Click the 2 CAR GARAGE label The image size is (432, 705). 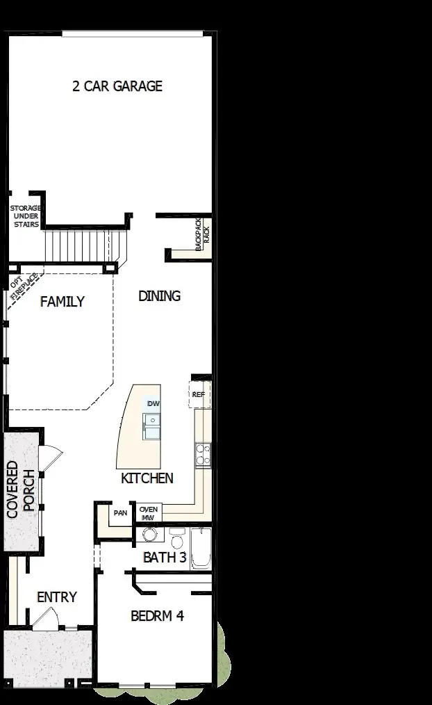(x=117, y=86)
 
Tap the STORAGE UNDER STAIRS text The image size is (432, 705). (x=26, y=216)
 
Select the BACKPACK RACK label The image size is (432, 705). (x=201, y=234)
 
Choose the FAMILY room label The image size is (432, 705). (x=63, y=302)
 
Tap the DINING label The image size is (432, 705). (x=159, y=295)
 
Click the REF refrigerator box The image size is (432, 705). (x=199, y=394)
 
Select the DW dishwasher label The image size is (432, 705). (x=153, y=404)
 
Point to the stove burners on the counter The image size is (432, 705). (x=202, y=453)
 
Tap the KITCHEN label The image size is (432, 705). (x=147, y=478)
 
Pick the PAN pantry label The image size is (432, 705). (x=120, y=514)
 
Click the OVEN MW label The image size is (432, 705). (x=149, y=513)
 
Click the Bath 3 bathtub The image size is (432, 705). (x=201, y=549)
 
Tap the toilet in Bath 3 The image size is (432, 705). (x=176, y=540)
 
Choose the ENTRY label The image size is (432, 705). (x=57, y=597)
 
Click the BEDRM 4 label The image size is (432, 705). (x=158, y=615)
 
